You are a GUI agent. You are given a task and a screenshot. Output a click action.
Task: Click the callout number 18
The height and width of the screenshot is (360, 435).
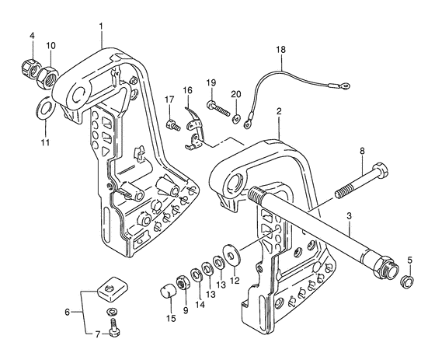tap(280, 50)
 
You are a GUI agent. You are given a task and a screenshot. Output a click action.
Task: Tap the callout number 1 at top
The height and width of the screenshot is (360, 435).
tap(101, 26)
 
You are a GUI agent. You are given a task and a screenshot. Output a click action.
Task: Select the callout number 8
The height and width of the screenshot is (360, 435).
tap(362, 151)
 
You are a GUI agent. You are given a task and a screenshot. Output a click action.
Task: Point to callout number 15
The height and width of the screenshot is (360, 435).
tap(171, 319)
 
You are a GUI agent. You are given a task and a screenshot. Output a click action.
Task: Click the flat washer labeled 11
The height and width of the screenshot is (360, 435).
tap(44, 107)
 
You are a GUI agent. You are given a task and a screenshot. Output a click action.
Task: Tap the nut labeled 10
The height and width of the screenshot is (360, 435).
tap(47, 77)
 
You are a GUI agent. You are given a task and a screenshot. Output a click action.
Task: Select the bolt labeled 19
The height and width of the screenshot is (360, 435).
tap(218, 109)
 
